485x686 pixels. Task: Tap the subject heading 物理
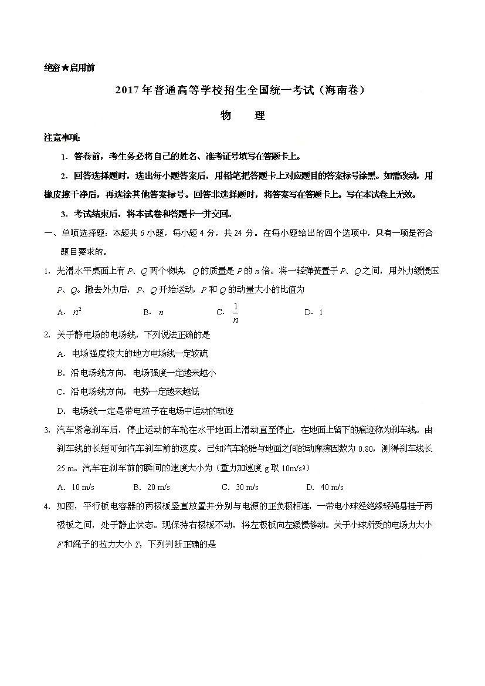[x=242, y=116]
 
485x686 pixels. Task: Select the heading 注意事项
[x=62, y=138]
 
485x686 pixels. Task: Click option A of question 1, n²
[x=77, y=312]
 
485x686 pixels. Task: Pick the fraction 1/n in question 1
[x=236, y=313]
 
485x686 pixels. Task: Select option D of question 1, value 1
[x=321, y=313]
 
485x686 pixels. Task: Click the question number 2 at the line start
[x=46, y=334]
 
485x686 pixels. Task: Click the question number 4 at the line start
[x=46, y=506]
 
